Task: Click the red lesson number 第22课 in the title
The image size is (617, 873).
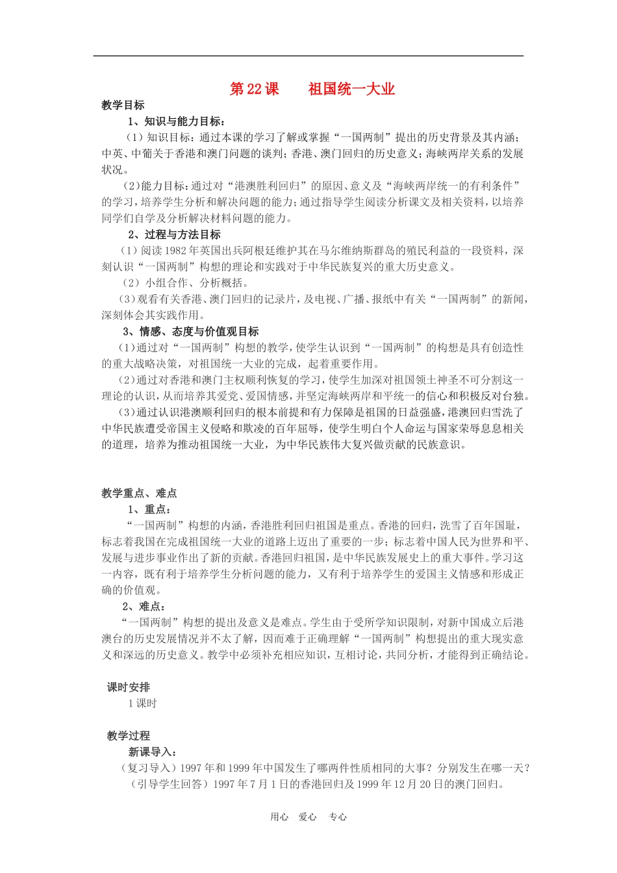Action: tap(254, 90)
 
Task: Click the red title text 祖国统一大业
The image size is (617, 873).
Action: tap(351, 90)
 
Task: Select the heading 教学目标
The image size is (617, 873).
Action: tap(123, 105)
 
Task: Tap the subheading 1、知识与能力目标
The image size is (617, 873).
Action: tap(176, 121)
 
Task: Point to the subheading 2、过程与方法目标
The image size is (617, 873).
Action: tap(174, 234)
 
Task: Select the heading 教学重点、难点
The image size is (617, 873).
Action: tap(139, 493)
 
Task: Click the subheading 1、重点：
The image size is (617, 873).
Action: tap(149, 509)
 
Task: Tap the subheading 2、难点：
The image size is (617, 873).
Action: tap(144, 606)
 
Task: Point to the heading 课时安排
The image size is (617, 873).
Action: tap(128, 687)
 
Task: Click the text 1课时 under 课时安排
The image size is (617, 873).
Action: tap(142, 703)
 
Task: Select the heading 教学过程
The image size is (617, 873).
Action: tap(128, 736)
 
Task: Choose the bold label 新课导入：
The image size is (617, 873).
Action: tap(153, 752)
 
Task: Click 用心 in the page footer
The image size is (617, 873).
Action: tap(279, 817)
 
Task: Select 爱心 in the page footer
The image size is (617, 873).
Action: tap(308, 817)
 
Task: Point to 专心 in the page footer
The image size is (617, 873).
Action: tap(338, 817)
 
